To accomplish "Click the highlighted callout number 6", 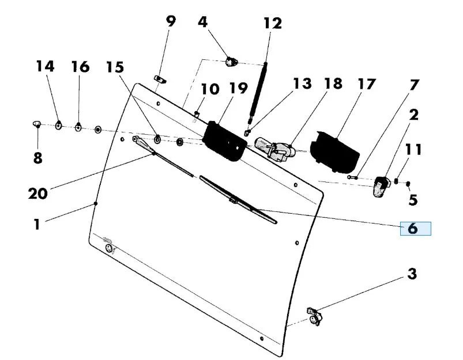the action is pos(413,229).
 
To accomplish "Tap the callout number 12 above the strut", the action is pos(273,23).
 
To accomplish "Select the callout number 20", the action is pos(38,194).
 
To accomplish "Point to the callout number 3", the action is pos(412,274).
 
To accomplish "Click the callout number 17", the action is pos(366,84).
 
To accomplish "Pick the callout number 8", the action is pos(38,158).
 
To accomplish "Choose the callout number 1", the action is pos(37,224).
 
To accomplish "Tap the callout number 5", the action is pos(413,200).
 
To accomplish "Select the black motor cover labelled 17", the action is pos(334,153).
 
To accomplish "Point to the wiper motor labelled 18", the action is pos(275,149).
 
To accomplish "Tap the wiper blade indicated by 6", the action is pos(238,200).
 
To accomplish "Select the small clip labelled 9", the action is pos(160,79).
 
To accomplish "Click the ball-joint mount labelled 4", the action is pos(231,62).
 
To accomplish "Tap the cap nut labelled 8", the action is pos(37,124).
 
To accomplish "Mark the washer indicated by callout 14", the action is pos(59,126).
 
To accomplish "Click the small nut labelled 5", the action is pos(408,184).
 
